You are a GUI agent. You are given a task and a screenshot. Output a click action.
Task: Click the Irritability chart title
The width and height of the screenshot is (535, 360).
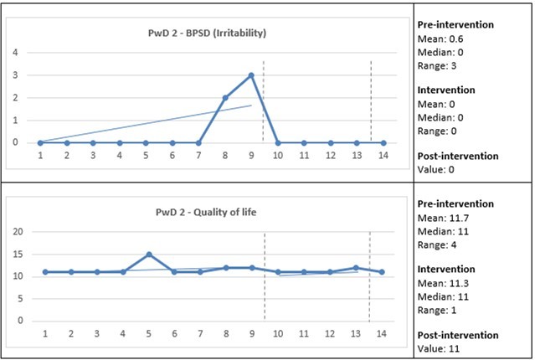[207, 33]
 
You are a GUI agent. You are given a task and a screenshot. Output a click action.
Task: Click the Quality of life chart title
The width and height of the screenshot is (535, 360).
[207, 212]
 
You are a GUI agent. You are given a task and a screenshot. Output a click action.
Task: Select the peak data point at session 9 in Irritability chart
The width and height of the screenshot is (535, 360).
[251, 75]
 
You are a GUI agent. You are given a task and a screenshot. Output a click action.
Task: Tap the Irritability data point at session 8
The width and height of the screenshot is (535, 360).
[224, 97]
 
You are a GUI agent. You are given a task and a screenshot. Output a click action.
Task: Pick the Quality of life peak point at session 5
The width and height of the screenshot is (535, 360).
[148, 254]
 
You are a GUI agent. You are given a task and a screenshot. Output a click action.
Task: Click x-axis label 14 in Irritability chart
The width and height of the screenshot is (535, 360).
[383, 156]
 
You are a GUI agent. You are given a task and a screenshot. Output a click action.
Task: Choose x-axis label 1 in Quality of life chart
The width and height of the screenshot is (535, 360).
[44, 334]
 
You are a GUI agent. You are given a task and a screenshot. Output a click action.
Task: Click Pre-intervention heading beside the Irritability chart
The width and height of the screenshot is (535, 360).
[455, 24]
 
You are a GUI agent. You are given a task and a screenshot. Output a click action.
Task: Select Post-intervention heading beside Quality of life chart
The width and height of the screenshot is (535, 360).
[457, 335]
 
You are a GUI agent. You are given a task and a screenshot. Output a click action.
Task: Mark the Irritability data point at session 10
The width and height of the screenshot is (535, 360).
[277, 142]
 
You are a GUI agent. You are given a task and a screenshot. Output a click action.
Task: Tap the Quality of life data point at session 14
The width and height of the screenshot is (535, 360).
[383, 272]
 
